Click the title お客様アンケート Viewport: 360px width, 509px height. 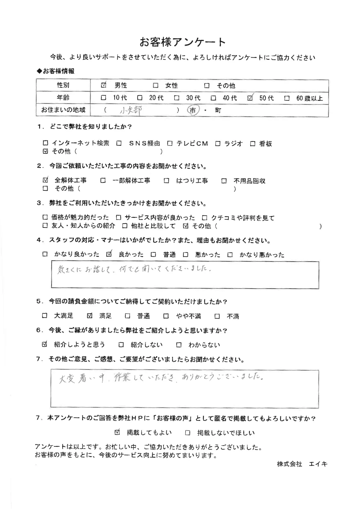[x=183, y=42]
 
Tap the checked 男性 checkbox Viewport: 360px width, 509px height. [x=104, y=85]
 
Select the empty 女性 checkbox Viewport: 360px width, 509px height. [x=156, y=86]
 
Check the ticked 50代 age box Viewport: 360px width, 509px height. [x=251, y=98]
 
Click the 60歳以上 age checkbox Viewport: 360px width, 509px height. [x=287, y=98]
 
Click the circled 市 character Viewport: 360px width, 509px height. [x=193, y=111]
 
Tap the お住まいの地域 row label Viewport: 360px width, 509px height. [x=63, y=110]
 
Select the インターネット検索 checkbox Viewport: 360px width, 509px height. [x=45, y=144]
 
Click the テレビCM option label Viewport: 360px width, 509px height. [x=192, y=144]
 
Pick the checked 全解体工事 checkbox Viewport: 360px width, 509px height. [x=45, y=180]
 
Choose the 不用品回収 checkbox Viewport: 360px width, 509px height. [x=224, y=181]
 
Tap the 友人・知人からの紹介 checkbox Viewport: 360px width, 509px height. [x=45, y=226]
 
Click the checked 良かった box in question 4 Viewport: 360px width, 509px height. [x=110, y=254]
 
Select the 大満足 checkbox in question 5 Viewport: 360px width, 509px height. [x=45, y=316]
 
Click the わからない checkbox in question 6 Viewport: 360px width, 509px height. [x=179, y=345]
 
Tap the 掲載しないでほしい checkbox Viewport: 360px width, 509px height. [x=188, y=433]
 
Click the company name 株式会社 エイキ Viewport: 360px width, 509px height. [x=302, y=464]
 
